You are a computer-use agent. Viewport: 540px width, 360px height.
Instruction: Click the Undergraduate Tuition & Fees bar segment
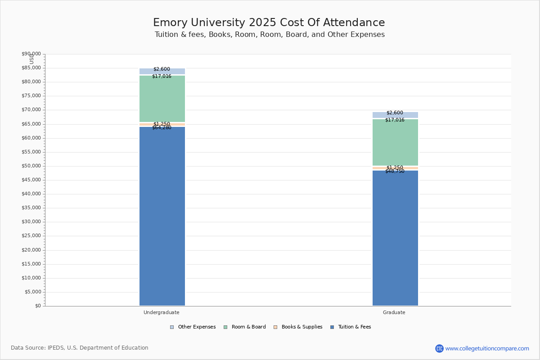(162, 216)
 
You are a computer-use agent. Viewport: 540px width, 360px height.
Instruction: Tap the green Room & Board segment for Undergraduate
(162, 99)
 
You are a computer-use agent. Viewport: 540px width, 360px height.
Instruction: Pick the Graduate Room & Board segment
(395, 143)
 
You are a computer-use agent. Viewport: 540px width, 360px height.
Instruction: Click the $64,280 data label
(162, 128)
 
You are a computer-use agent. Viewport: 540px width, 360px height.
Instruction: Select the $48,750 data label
(395, 171)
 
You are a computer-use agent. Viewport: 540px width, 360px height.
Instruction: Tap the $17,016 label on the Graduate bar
(395, 120)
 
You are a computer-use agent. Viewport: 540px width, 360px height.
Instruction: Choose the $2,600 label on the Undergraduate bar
(162, 69)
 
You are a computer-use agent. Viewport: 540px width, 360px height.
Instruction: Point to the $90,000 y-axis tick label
(31, 54)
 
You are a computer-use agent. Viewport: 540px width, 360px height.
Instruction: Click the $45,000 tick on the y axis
(31, 180)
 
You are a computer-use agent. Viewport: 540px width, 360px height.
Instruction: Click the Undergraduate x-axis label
(162, 312)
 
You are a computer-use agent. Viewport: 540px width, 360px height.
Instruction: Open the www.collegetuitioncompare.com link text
(487, 348)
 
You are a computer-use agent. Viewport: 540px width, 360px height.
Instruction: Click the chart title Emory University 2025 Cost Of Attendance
(269, 23)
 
